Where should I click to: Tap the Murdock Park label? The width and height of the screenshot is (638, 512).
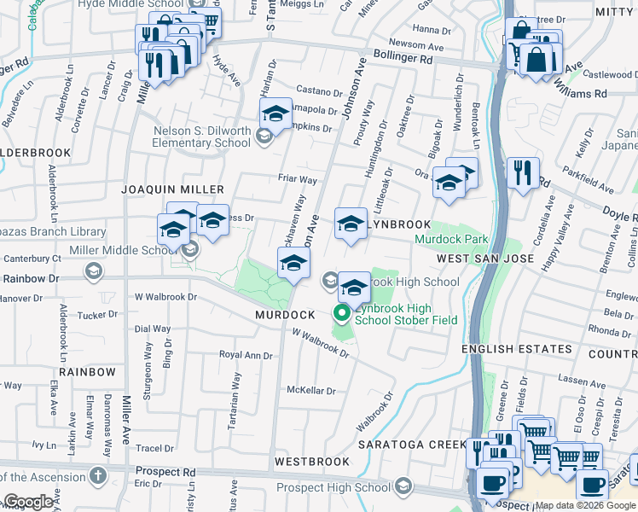click(x=450, y=241)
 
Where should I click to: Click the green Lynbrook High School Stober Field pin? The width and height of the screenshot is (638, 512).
click(x=342, y=313)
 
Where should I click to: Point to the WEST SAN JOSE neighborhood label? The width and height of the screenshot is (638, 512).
click(x=485, y=258)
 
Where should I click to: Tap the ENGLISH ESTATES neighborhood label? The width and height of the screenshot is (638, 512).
click(x=517, y=349)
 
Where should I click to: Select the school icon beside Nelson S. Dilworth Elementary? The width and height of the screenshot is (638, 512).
click(x=264, y=134)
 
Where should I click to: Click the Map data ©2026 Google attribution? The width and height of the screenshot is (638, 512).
click(x=585, y=505)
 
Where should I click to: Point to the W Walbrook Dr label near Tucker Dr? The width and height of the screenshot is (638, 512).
click(x=166, y=297)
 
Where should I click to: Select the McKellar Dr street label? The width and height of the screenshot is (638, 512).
click(x=311, y=390)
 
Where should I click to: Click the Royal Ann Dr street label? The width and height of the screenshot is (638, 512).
click(x=246, y=355)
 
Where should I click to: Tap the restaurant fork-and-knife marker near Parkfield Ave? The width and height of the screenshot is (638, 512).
click(x=521, y=172)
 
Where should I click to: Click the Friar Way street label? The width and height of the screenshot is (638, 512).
click(x=298, y=180)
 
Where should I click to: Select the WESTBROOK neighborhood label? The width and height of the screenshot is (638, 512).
click(x=311, y=462)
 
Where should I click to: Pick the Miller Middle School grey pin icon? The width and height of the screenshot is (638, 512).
click(x=189, y=249)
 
